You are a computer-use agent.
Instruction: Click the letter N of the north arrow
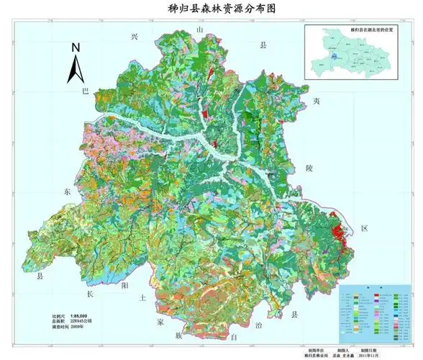click(x=76, y=48)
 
